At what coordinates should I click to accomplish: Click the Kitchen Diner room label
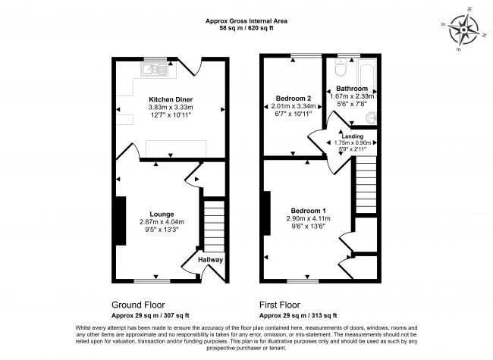(x=171, y=99)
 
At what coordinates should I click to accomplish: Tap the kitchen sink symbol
(x=154, y=70)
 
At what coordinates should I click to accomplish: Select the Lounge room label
(x=162, y=214)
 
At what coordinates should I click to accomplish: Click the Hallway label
(x=210, y=260)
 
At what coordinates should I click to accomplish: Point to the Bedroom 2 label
(x=294, y=99)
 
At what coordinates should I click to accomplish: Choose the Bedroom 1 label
(x=308, y=211)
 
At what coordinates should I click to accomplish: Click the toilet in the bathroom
(x=341, y=67)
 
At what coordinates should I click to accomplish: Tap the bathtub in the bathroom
(x=366, y=74)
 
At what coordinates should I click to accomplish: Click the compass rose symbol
(x=463, y=30)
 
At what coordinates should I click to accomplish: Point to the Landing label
(x=353, y=136)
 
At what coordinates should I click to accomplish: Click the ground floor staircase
(x=215, y=226)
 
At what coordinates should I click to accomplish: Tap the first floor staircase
(x=366, y=186)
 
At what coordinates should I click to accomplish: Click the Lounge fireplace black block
(x=121, y=221)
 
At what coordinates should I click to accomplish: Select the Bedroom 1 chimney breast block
(x=267, y=213)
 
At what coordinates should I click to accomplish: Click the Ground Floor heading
(x=138, y=305)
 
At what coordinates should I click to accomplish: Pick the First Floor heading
(x=280, y=305)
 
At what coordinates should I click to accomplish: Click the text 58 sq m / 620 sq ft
(x=246, y=28)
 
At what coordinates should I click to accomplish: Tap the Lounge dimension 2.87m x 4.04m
(x=162, y=222)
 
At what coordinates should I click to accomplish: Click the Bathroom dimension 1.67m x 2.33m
(x=352, y=96)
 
